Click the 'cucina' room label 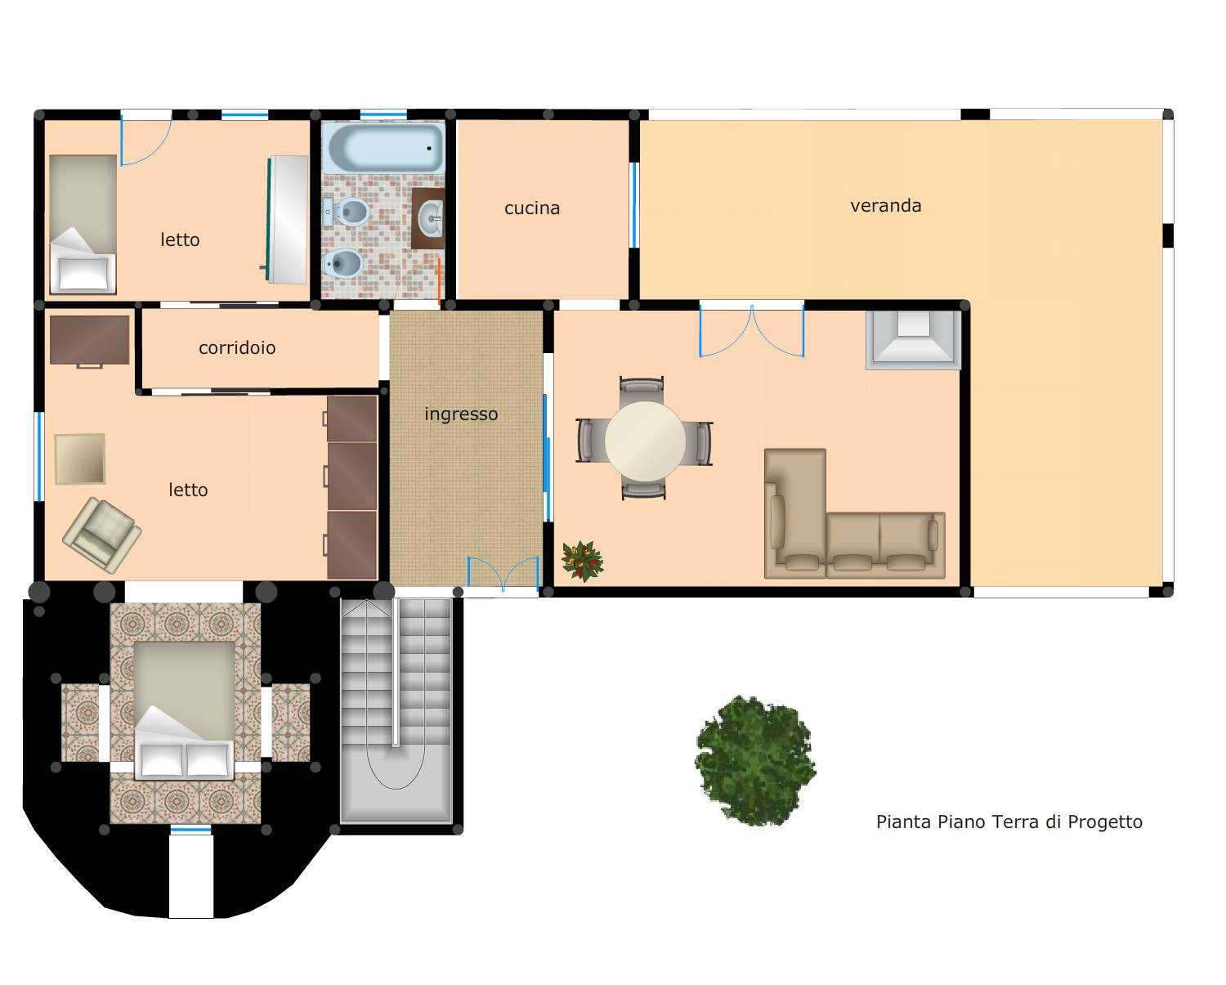click(532, 208)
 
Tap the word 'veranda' click(886, 206)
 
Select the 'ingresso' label click(461, 414)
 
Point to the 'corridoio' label click(237, 347)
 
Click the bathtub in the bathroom click(383, 148)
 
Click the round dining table click(645, 441)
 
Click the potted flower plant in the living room click(582, 561)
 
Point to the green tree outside click(755, 760)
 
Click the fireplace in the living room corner click(913, 339)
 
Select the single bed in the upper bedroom click(83, 225)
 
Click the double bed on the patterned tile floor click(184, 710)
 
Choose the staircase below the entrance click(396, 710)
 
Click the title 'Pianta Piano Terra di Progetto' click(1009, 822)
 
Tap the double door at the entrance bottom click(503, 572)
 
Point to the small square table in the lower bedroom click(80, 459)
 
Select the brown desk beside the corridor click(89, 341)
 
